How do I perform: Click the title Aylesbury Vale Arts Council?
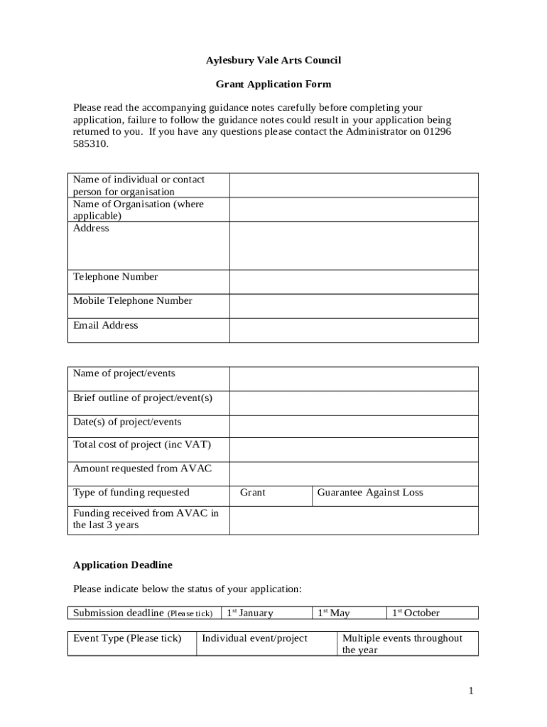point(273,60)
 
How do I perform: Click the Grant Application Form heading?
point(273,84)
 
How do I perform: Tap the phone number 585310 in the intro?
point(91,143)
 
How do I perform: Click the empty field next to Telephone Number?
point(354,282)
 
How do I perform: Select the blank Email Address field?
point(354,330)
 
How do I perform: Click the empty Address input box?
point(354,246)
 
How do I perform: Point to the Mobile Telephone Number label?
point(133,301)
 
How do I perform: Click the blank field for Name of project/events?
point(354,378)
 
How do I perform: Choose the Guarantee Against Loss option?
point(370,493)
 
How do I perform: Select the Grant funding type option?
point(253,493)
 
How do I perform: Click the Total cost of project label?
point(142,445)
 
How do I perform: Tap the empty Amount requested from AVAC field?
point(354,474)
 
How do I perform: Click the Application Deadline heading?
point(123,565)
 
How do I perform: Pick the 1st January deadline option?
point(250,613)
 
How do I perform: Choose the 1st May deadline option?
point(334,613)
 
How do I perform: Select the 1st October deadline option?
point(416,613)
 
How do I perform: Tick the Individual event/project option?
point(255,638)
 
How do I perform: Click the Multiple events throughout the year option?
point(402,643)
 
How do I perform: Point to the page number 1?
point(470,691)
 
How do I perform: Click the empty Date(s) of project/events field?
point(354,426)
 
